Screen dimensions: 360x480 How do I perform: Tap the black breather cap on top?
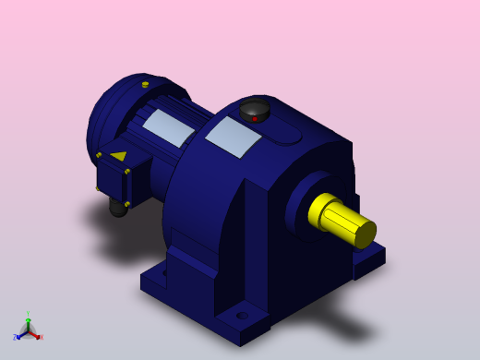255,109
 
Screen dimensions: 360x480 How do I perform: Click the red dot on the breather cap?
255,118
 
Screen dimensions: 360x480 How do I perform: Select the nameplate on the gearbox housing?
234,137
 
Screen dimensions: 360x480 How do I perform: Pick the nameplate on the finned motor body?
169,127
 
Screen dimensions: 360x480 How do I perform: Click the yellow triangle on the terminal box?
118,156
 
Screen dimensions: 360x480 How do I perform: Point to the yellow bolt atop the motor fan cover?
145,85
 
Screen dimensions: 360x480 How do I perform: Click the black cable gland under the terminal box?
118,208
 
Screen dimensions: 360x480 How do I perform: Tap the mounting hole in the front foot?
242,316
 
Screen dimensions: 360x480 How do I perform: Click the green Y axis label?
28,315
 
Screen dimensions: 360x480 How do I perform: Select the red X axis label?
41,337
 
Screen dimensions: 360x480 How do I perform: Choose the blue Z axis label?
15,338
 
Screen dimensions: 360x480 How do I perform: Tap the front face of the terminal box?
112,180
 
